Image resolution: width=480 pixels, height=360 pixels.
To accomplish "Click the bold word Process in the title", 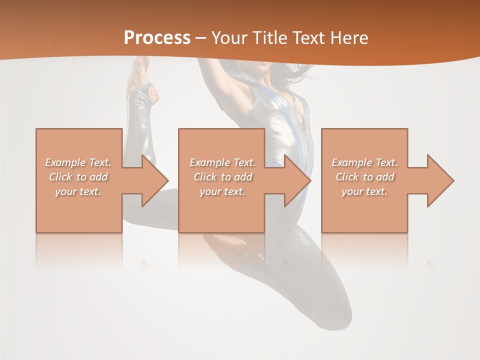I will [x=157, y=38].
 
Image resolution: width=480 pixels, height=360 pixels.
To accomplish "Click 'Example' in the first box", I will [x=65, y=162].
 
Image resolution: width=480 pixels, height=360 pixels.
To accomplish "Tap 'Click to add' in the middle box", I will [x=222, y=177].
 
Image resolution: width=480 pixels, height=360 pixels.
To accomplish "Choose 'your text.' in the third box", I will [x=364, y=191].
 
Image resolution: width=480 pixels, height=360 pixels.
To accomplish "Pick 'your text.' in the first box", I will [x=78, y=191].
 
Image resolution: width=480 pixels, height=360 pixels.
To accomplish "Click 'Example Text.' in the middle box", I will [x=222, y=162].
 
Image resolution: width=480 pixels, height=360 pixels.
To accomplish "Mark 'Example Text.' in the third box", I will [x=364, y=162].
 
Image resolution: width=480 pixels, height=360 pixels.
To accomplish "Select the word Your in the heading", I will [x=230, y=38].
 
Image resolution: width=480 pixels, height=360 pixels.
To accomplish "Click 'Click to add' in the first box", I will [x=78, y=177].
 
